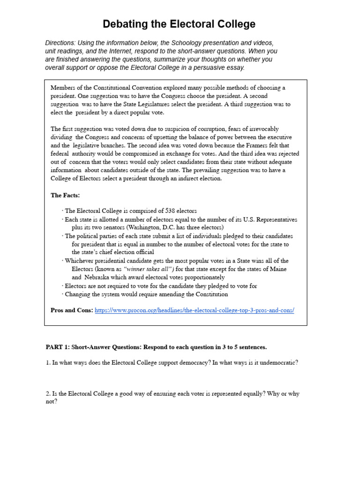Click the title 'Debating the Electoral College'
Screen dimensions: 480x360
click(180, 24)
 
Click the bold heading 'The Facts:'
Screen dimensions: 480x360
click(65, 195)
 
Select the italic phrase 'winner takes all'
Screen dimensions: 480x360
click(148, 269)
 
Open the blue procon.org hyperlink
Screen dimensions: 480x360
click(194, 311)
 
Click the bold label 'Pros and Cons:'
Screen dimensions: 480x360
click(72, 311)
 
